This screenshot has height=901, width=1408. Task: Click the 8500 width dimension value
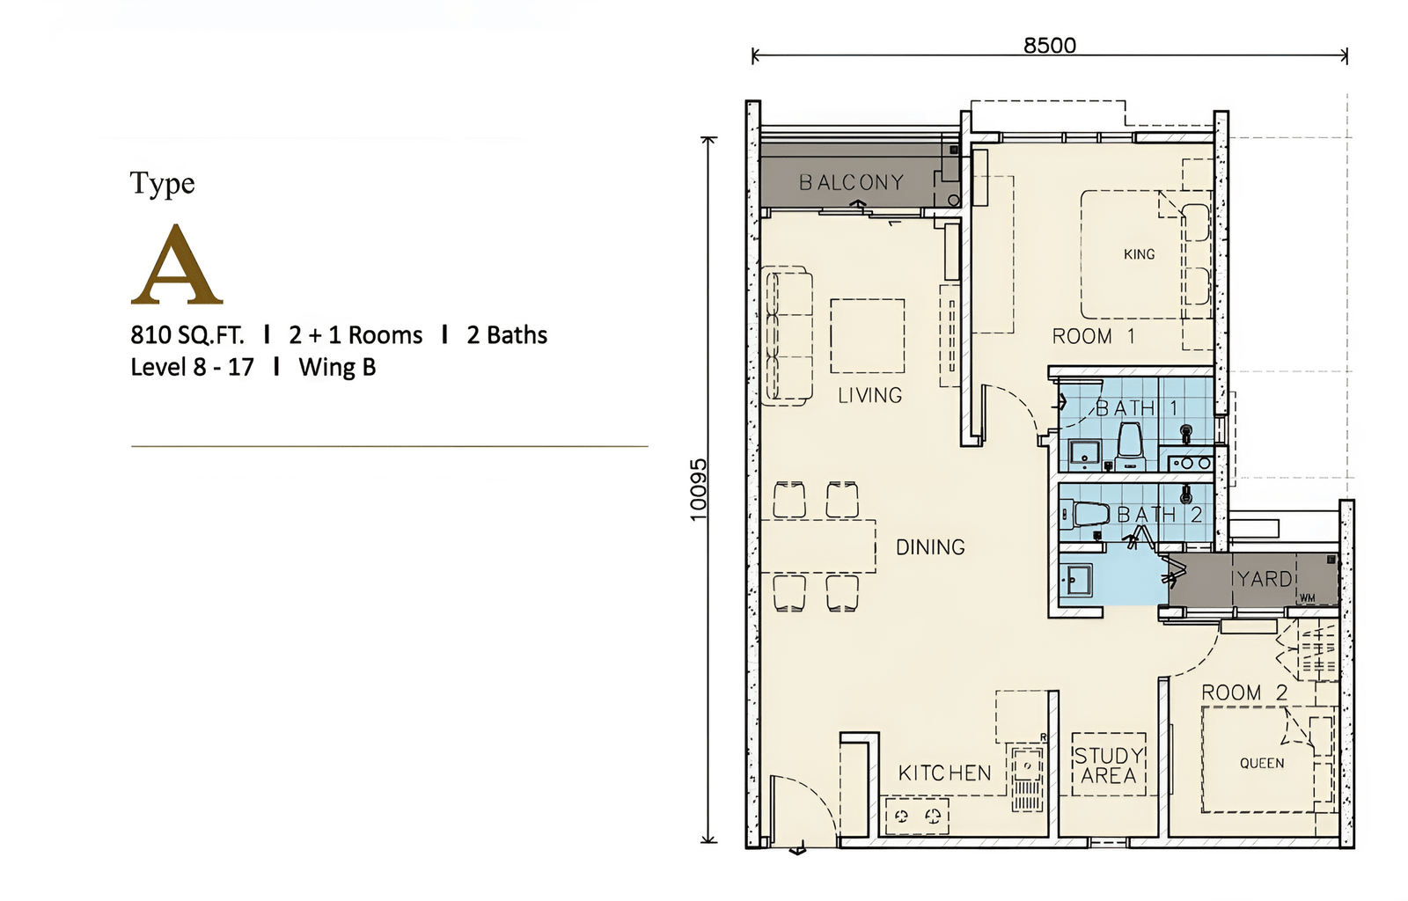1050,46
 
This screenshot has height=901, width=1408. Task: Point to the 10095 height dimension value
699,490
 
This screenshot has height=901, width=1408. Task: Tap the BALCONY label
852,182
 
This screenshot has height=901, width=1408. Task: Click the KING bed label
1139,254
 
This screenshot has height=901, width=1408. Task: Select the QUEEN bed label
1262,764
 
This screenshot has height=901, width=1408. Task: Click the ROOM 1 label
1094,337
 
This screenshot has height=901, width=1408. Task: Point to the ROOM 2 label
1244,693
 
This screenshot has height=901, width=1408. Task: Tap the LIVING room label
870,395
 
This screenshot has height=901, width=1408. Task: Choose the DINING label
930,547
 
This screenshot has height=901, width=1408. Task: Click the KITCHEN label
945,773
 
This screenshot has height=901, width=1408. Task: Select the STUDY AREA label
1109,765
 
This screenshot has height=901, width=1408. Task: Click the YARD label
1264,579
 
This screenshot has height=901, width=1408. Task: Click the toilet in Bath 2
1089,515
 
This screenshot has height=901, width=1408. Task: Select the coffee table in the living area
868,336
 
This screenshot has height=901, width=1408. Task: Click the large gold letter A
177,264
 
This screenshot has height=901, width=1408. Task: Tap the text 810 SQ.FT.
187,335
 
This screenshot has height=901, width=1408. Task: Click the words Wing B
337,367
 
